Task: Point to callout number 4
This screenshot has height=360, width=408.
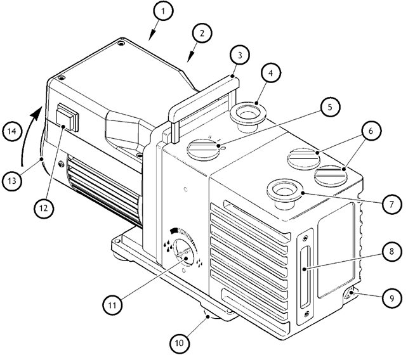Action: click(270, 72)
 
